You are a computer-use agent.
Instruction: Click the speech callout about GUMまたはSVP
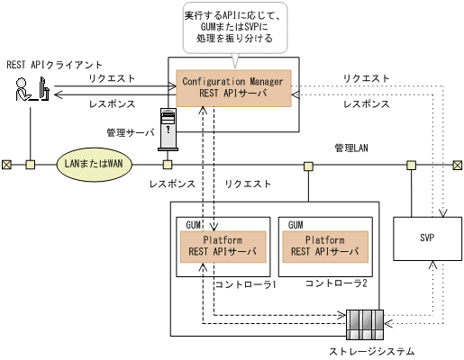[x=233, y=28]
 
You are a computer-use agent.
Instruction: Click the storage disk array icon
[x=365, y=322]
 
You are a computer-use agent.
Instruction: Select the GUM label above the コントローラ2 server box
[x=295, y=222]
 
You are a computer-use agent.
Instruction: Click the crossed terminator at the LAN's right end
[x=457, y=165]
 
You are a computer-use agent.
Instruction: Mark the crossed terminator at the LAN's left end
[x=6, y=165]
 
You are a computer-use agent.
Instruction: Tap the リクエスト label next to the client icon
[x=111, y=79]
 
